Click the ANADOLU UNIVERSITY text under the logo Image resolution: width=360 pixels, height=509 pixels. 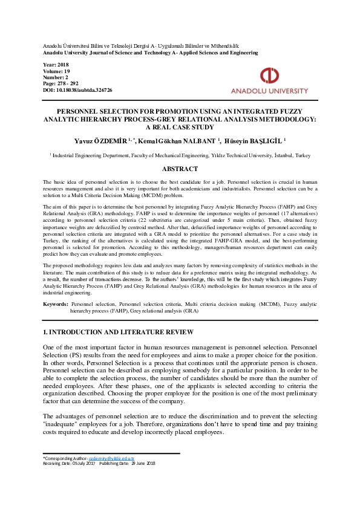pos(270,91)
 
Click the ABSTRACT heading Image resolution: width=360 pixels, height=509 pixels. pos(180,169)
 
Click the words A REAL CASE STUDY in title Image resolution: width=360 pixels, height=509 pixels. pos(180,128)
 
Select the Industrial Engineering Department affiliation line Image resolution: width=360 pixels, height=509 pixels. pos(180,155)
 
